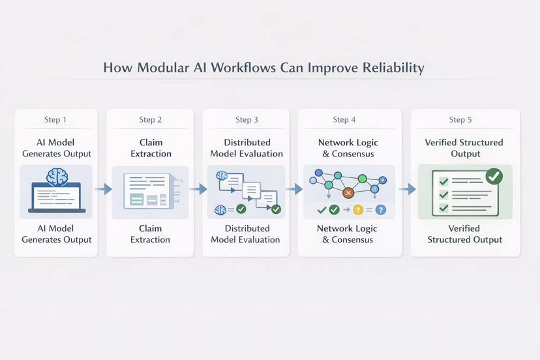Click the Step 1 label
pos(55,119)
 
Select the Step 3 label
pos(247,119)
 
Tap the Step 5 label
pos(460,119)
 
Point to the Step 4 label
pos(344,119)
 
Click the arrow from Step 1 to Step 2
pos(103,189)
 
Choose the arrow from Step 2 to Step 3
pos(198,189)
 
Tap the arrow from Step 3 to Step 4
pos(293,189)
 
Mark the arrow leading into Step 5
pos(407,189)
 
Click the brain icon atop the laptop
pos(57,177)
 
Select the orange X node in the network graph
pos(348,193)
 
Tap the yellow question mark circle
pos(358,209)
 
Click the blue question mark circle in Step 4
pos(381,209)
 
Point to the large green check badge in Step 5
pos(494,176)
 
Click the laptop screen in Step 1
pos(56,196)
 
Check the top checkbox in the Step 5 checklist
pos(443,181)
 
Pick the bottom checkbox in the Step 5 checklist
pos(443,208)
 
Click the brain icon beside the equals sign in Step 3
pos(220,210)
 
